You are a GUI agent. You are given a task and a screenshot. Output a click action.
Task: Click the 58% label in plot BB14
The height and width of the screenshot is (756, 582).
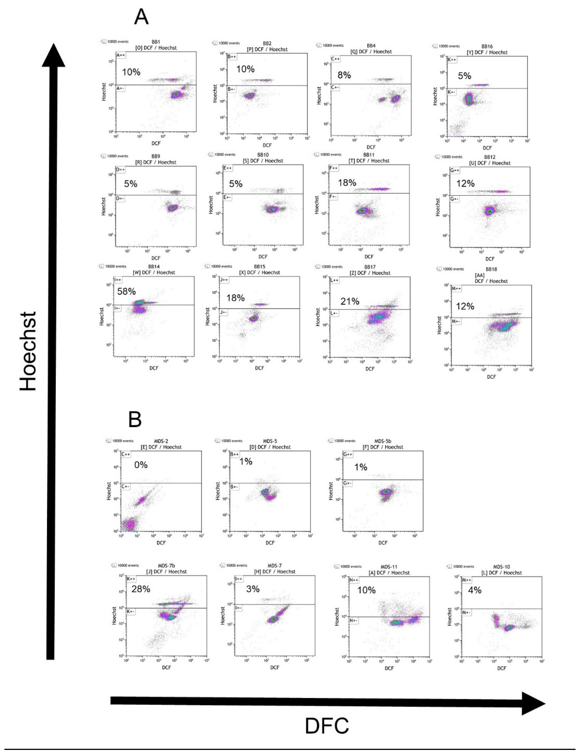tap(126, 291)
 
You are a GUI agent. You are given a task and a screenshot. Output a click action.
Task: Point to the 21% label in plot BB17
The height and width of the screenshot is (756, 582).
tap(350, 301)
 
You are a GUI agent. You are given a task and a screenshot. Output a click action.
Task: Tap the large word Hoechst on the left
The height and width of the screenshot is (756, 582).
tap(28, 351)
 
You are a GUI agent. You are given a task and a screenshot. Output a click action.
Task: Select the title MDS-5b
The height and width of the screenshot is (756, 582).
tap(383, 441)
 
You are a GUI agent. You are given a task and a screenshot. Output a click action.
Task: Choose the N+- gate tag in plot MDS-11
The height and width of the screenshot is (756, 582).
tap(353, 620)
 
